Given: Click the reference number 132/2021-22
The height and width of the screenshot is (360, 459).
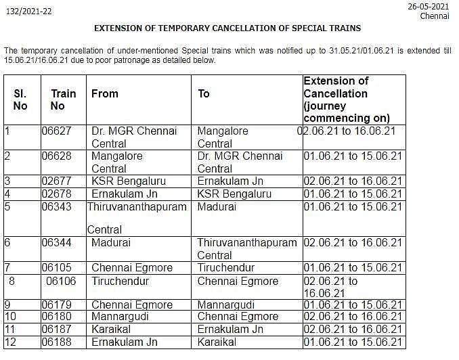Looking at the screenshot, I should tap(28, 12).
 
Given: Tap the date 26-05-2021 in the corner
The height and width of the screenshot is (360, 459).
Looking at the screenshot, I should tap(428, 5).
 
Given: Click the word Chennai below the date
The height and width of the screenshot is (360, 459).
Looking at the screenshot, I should tap(434, 16).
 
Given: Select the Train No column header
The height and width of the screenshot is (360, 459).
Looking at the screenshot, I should tap(63, 99).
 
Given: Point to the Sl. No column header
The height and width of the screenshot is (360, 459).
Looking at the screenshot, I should tap(20, 99).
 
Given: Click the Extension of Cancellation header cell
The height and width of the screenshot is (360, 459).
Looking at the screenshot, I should tap(346, 99).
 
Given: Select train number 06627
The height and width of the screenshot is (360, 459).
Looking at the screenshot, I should tap(56, 131).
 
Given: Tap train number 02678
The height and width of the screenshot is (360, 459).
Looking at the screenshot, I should tap(56, 194).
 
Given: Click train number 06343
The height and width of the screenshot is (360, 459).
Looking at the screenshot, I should tap(56, 207).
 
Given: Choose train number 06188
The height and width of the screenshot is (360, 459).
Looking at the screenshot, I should tap(56, 342).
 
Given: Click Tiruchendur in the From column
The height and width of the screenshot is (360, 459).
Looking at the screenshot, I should tap(120, 281).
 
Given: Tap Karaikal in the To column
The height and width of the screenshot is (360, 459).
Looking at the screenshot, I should tap(217, 342).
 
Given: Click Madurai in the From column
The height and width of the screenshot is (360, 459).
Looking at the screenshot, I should tap(111, 242).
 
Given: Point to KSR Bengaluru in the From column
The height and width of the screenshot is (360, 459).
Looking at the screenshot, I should tap(129, 181).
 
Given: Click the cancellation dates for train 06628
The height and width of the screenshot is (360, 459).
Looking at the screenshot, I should tap(353, 156).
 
